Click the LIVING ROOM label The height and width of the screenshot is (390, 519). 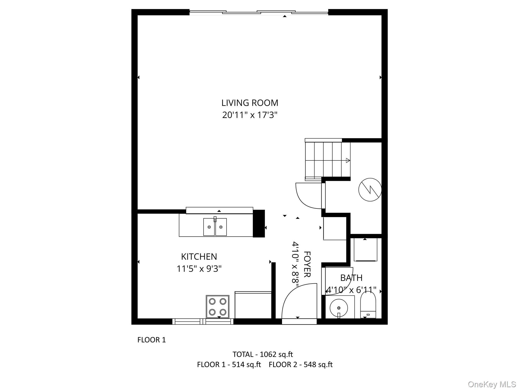tap(250, 103)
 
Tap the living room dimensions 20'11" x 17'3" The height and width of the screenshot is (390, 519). tap(250, 115)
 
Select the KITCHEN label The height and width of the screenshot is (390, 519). tap(199, 257)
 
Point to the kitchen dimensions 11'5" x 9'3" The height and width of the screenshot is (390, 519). tap(199, 269)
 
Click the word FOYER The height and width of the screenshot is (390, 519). tap(307, 264)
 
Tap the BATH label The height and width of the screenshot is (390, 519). tap(351, 278)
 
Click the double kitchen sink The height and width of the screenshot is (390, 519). tap(215, 227)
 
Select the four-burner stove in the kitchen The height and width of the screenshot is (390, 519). tap(217, 306)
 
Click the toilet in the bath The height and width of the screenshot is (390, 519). tap(368, 305)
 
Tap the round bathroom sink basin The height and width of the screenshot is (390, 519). tap(339, 308)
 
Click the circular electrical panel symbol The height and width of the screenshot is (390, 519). tap(370, 190)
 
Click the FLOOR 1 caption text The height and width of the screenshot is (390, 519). tap(152, 340)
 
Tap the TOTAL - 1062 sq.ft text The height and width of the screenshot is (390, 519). tap(263, 354)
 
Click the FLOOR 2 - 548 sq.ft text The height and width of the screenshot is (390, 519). tap(301, 365)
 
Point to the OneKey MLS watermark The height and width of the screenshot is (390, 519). tap(492, 384)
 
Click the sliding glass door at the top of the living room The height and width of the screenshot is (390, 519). tap(258, 12)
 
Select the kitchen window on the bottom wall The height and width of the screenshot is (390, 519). tap(203, 321)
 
